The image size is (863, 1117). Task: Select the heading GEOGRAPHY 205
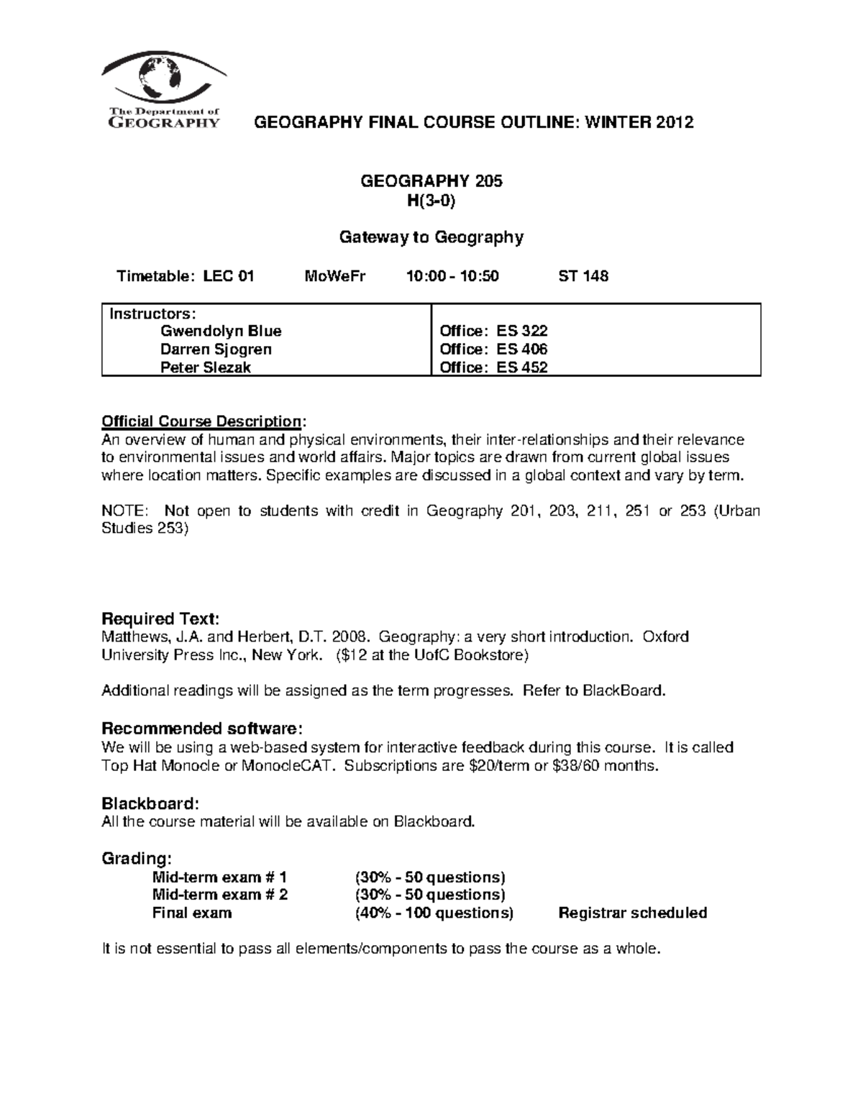pyautogui.click(x=431, y=181)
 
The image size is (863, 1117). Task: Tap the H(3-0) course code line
pyautogui.click(x=431, y=201)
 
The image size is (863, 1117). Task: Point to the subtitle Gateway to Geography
pyautogui.click(x=431, y=237)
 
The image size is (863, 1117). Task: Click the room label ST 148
pyautogui.click(x=583, y=276)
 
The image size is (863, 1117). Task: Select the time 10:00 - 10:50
pyautogui.click(x=452, y=276)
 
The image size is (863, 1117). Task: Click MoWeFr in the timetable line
pyautogui.click(x=335, y=276)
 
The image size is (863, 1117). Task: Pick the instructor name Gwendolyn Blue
pyautogui.click(x=221, y=332)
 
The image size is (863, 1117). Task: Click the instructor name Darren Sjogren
pyautogui.click(x=216, y=350)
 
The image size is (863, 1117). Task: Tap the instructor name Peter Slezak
pyautogui.click(x=206, y=368)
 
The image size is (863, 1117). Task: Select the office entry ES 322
pyautogui.click(x=521, y=332)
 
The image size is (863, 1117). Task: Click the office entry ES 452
pyautogui.click(x=521, y=368)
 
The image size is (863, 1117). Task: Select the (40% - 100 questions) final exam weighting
pyautogui.click(x=434, y=913)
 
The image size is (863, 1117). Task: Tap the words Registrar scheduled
pyautogui.click(x=633, y=913)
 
